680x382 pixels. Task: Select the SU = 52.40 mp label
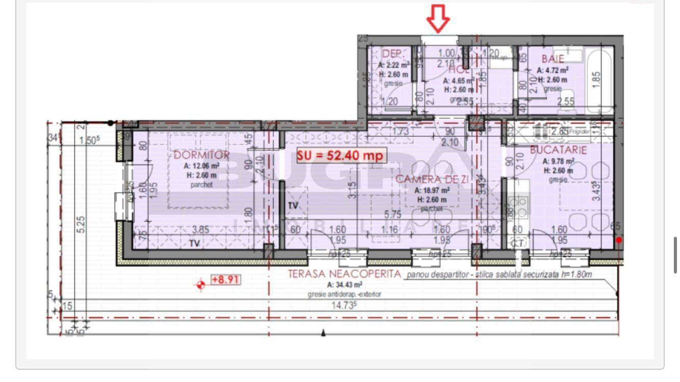340,155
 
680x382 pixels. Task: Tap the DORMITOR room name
201,155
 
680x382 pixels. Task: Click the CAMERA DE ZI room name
432,179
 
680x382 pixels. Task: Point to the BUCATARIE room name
558,150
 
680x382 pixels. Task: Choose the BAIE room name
553,59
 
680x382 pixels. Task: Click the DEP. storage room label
393,54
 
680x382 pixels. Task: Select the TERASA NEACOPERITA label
345,274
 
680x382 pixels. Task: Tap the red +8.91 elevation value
225,280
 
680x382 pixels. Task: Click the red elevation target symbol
201,285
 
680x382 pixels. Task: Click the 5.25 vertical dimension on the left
81,224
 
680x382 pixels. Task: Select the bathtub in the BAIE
598,79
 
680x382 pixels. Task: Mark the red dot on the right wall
619,240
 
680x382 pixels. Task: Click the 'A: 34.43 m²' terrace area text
345,285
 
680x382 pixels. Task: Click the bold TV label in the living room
293,206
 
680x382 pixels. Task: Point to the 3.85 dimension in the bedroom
201,230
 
